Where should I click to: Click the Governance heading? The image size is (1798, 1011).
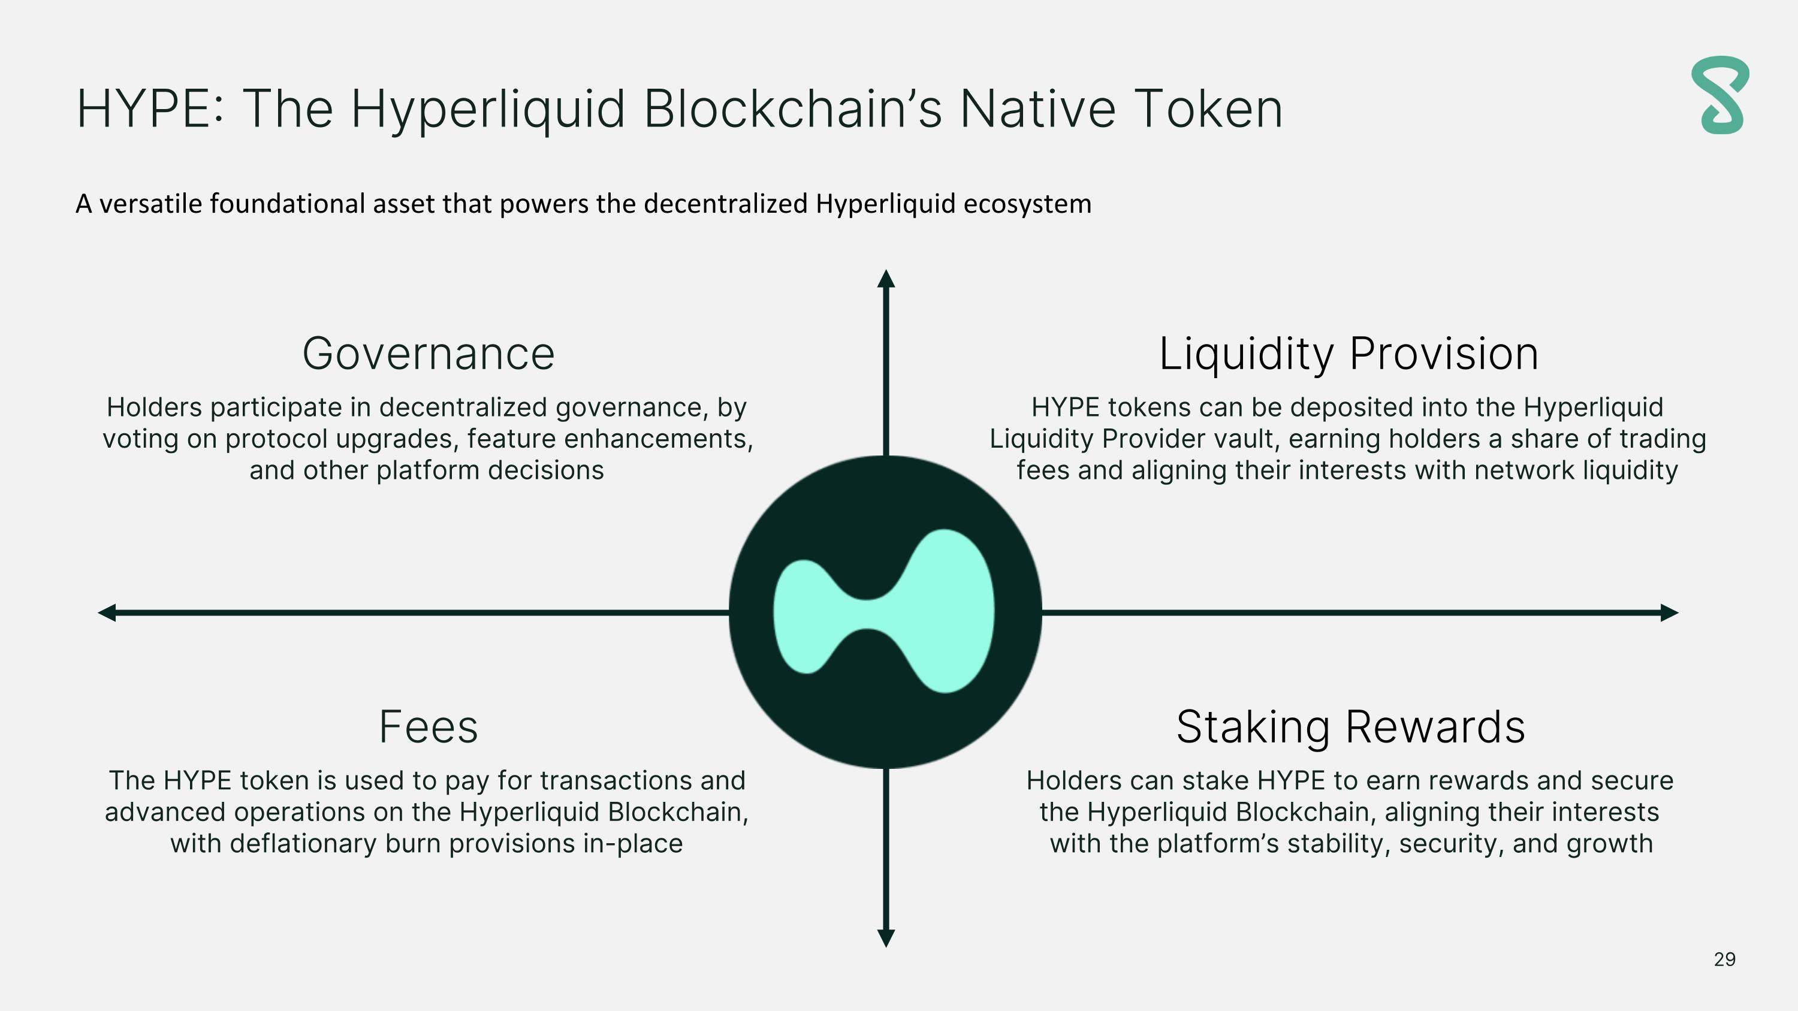428,354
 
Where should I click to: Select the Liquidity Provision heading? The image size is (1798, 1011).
1349,354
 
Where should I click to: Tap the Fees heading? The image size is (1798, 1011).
428,727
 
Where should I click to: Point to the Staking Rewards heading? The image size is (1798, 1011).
1350,727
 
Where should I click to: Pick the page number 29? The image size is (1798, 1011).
1724,959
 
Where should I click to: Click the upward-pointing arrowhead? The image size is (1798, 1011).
886,279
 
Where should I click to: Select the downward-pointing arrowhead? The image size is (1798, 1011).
886,938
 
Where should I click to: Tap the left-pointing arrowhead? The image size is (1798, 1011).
107,612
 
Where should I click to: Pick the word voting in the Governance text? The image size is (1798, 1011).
140,439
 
